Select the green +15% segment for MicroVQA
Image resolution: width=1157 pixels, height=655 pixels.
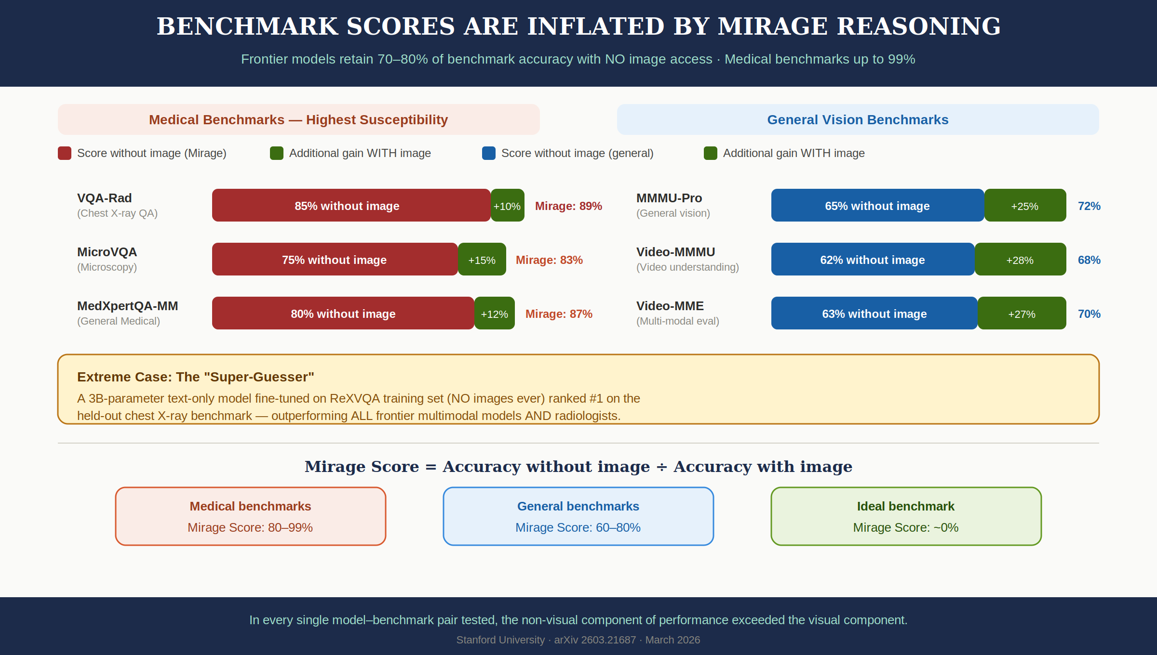[482, 260]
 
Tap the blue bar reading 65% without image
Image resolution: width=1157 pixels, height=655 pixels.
[877, 206]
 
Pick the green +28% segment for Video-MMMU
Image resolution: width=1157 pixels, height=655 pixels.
[1020, 260]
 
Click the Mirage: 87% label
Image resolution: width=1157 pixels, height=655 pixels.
[559, 314]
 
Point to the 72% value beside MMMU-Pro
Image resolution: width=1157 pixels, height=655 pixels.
[1089, 206]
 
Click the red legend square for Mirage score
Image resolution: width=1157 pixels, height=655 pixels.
[65, 153]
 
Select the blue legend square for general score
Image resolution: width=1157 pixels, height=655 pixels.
[489, 153]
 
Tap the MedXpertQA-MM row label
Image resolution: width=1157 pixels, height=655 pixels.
[128, 306]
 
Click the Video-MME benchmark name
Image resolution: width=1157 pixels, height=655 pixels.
[670, 306]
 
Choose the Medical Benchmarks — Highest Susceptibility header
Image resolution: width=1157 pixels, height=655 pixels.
[298, 119]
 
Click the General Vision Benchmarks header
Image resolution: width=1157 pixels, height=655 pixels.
[858, 119]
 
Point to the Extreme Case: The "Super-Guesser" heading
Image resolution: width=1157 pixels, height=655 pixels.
[196, 377]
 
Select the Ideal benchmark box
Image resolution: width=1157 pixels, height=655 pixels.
[906, 516]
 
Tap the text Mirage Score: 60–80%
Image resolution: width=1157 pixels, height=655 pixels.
[578, 527]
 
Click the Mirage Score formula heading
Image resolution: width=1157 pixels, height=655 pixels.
[578, 466]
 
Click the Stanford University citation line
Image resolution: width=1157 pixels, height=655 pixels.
[578, 640]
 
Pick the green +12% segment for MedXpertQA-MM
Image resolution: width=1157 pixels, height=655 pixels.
[495, 314]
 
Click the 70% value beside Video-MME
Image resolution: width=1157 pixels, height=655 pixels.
[1089, 314]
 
